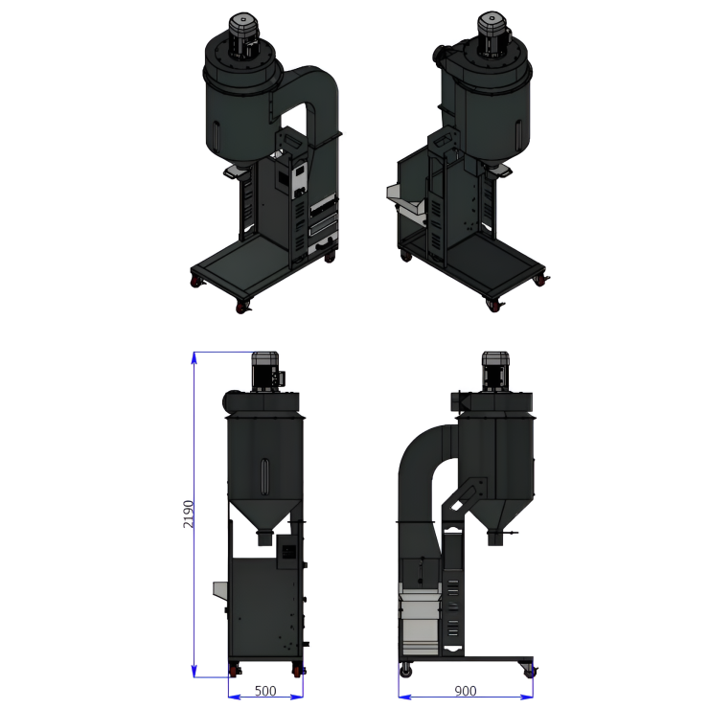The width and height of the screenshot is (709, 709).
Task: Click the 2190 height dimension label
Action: (x=188, y=514)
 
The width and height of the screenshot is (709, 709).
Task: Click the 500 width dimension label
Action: (x=265, y=691)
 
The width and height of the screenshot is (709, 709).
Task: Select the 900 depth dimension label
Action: (x=466, y=691)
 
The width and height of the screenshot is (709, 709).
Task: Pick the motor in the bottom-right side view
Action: (x=495, y=372)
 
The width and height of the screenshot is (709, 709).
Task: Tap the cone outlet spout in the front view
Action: (x=265, y=537)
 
